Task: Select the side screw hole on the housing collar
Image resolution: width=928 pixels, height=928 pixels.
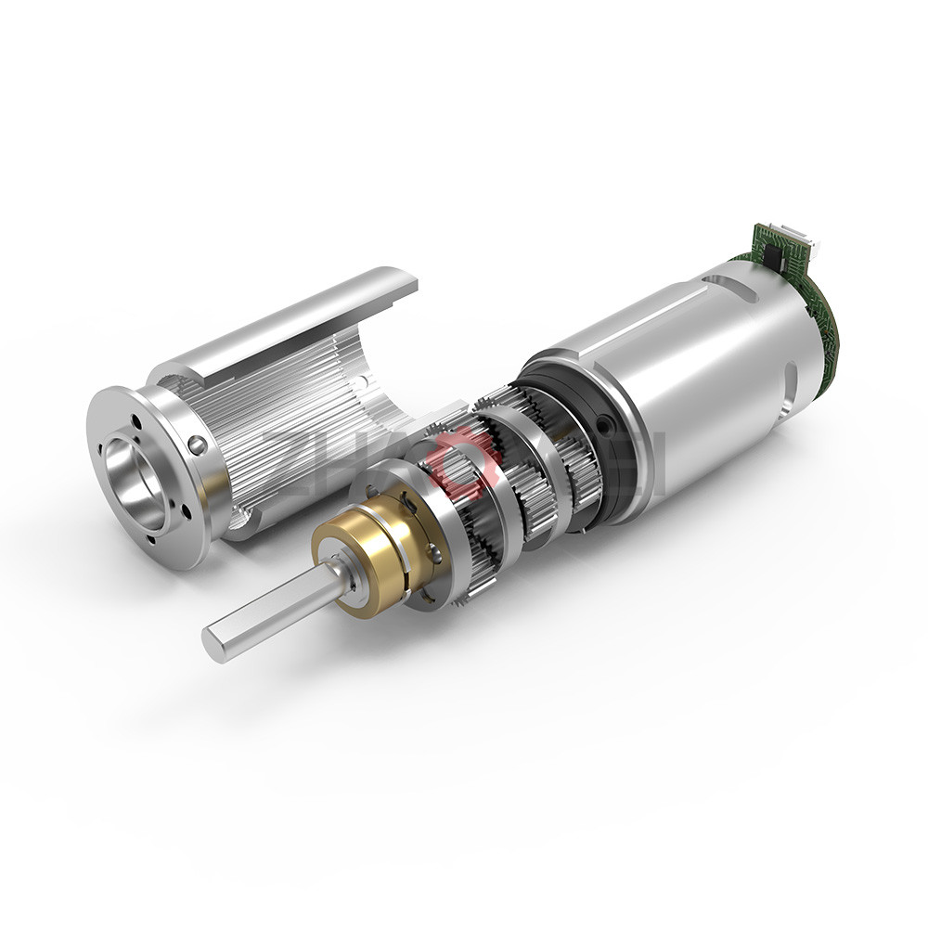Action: coord(197,445)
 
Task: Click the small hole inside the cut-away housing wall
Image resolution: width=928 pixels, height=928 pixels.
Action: coord(365,381)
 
